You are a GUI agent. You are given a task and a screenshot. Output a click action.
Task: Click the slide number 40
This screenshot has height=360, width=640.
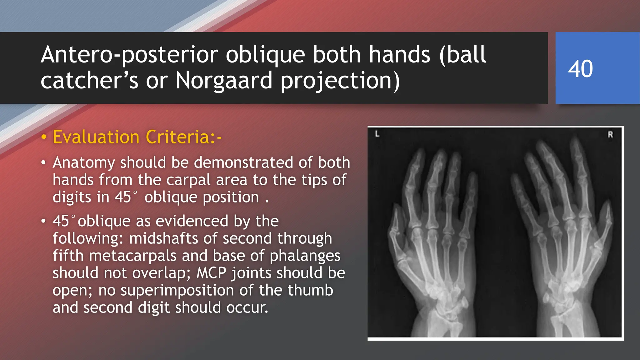tap(580, 69)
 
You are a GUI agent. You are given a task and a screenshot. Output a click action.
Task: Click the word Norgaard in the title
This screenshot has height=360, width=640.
tap(224, 81)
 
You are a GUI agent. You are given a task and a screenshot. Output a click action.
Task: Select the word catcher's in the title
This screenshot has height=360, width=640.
tap(89, 81)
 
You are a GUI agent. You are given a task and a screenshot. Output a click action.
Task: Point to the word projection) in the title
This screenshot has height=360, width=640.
tap(340, 81)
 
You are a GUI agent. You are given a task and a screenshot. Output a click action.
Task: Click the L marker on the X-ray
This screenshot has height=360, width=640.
tap(377, 134)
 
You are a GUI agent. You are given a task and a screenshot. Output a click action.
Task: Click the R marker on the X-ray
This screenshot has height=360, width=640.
tap(610, 135)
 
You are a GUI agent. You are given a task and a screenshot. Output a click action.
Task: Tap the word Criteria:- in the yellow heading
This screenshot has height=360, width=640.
tap(184, 137)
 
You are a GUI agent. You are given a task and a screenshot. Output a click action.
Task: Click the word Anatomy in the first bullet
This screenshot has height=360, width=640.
tap(84, 163)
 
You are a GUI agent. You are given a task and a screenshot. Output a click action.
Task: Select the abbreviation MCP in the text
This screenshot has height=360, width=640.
tap(211, 273)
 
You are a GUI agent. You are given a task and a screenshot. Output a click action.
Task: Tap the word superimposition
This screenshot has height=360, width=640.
tap(177, 290)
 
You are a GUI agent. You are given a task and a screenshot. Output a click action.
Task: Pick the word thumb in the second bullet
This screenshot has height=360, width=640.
tap(310, 290)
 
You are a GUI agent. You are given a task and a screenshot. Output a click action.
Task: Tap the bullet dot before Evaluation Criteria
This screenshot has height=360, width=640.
tap(44, 137)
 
